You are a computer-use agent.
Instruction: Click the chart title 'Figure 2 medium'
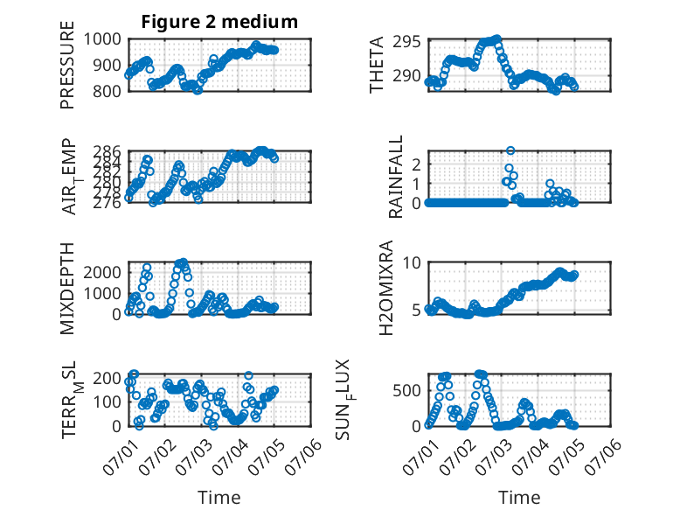[219, 21]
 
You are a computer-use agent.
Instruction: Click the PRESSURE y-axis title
[67, 65]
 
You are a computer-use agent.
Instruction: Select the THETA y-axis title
[377, 65]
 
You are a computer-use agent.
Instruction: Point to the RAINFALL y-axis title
[396, 177]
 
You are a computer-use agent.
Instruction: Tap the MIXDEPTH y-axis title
[67, 288]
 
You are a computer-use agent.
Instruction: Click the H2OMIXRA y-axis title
[386, 288]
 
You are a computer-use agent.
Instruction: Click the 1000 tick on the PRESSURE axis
[102, 39]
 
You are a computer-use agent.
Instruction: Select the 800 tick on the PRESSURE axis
[107, 91]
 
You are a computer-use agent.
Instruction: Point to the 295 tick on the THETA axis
[406, 42]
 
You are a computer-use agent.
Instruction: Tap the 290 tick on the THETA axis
[406, 76]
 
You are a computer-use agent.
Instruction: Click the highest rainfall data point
[510, 150]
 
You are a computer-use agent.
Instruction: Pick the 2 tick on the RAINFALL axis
[417, 164]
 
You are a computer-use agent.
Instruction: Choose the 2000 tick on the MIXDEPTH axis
[102, 272]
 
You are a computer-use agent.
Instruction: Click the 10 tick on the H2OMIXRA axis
[412, 262]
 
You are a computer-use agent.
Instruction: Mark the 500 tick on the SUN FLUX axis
[406, 390]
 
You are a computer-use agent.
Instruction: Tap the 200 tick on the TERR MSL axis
[107, 378]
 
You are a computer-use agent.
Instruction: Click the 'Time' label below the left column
[219, 497]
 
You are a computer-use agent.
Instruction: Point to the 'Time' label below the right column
[519, 497]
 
